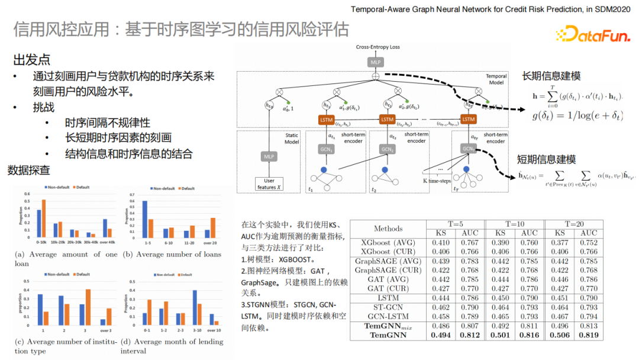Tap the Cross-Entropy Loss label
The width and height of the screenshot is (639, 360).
[377, 47]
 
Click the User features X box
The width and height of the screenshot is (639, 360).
[269, 184]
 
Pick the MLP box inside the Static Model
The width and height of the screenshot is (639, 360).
[269, 156]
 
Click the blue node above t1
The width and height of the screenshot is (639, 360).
[324, 171]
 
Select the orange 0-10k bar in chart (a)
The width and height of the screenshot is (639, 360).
[44, 218]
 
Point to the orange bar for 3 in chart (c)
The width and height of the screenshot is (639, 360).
[88, 307]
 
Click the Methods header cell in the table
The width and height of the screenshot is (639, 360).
[388, 229]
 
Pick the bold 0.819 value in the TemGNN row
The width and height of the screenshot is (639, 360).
[588, 335]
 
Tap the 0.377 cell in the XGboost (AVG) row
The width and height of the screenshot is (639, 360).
[559, 242]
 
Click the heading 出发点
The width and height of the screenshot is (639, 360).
[32, 60]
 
